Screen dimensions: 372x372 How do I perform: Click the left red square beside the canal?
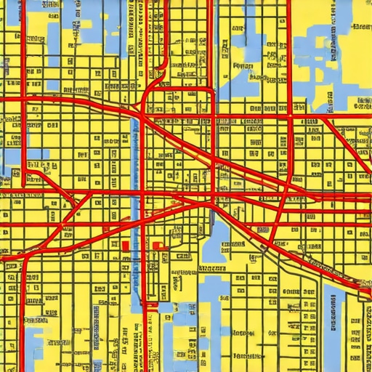pos(125,246)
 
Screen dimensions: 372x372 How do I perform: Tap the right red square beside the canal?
pos(155,246)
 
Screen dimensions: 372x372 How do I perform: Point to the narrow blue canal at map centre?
pos(135,174)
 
